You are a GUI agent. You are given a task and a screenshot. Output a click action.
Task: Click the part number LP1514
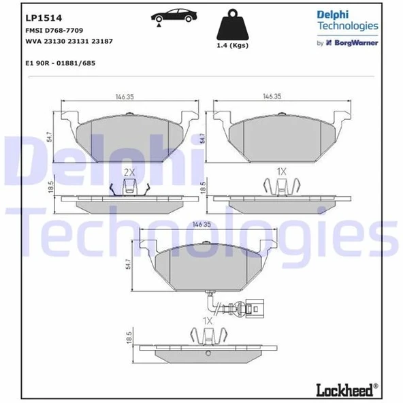click(39, 18)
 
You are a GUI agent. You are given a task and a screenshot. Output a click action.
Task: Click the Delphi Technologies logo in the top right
click(347, 20)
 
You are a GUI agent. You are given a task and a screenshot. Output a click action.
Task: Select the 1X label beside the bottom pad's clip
click(207, 319)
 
